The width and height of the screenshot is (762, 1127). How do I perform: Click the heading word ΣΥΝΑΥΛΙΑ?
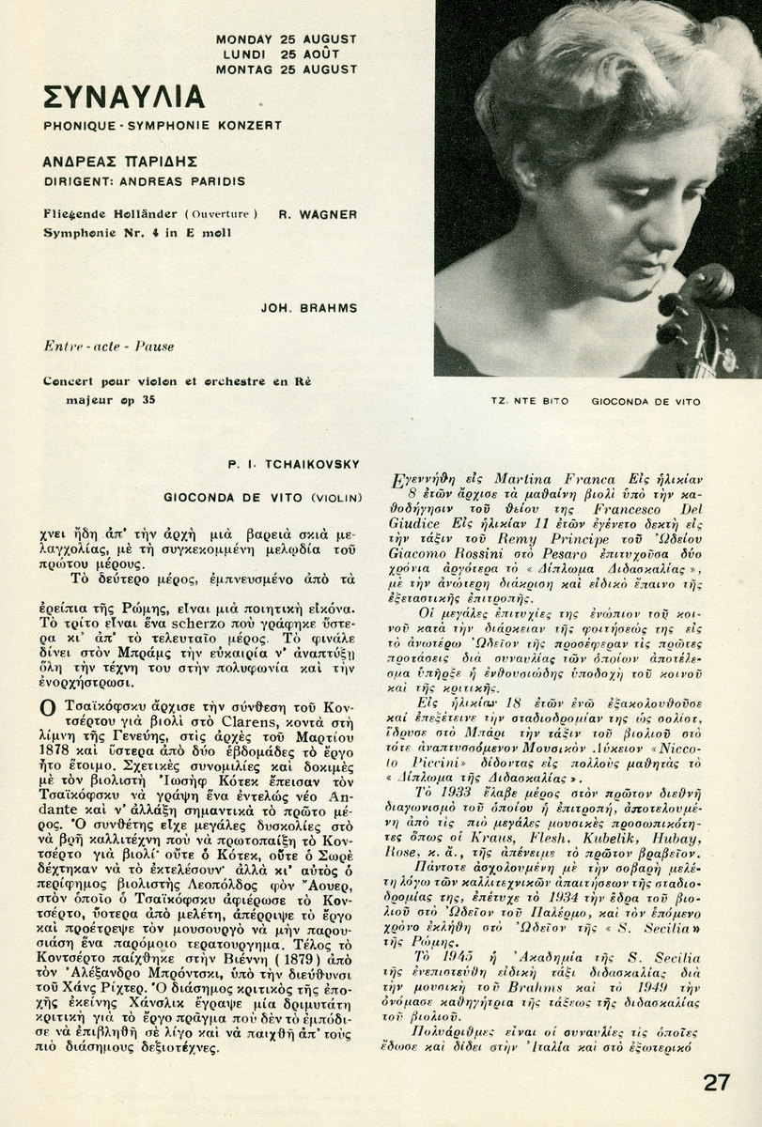pos(123,97)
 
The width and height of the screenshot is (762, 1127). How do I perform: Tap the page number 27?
pos(717,1082)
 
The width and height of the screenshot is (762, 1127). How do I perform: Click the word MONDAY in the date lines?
pos(244,39)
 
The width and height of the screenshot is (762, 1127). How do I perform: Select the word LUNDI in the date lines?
pos(237,54)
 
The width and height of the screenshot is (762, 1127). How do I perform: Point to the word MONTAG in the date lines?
pos(244,69)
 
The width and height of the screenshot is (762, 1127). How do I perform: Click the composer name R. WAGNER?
pos(318,214)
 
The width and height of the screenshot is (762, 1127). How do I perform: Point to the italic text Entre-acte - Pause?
pos(109,347)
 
